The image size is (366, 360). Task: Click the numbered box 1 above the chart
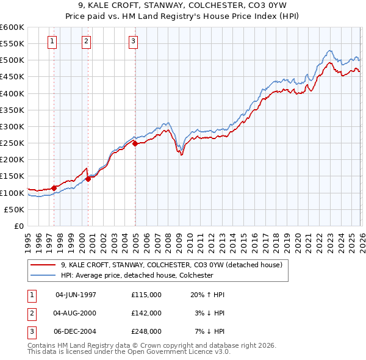[52, 41]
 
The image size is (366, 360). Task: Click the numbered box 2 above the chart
[86, 41]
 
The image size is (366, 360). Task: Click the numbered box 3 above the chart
[133, 41]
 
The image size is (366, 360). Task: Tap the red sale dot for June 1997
[54, 188]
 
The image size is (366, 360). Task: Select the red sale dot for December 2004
[135, 144]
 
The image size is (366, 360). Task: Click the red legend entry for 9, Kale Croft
[171, 265]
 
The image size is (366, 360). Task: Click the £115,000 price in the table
[146, 295]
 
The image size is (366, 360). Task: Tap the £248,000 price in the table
[146, 331]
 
